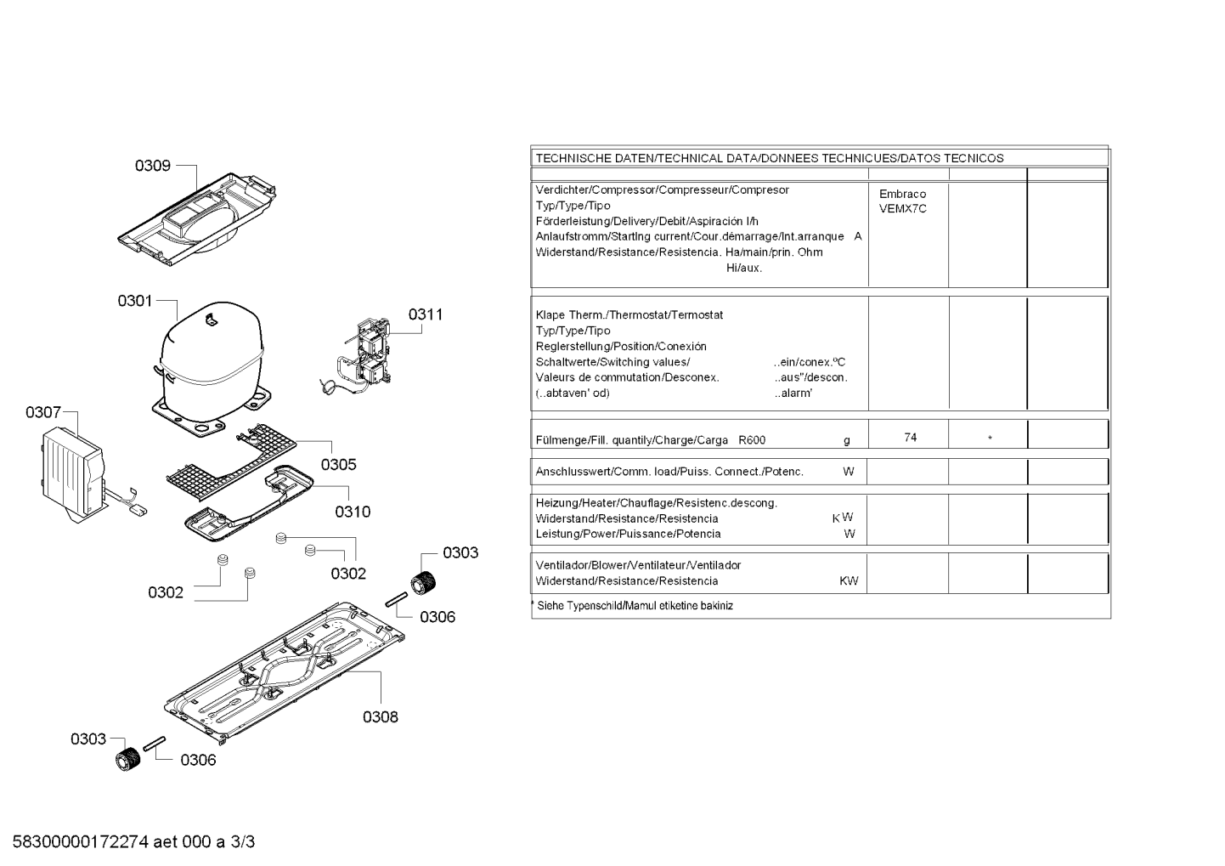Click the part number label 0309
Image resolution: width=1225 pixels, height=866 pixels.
152,166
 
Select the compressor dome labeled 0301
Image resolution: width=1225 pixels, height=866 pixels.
210,357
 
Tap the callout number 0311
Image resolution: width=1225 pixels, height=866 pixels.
425,314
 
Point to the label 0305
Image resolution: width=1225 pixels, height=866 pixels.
338,464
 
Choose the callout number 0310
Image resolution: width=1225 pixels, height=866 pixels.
352,512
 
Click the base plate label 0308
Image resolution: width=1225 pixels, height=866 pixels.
380,716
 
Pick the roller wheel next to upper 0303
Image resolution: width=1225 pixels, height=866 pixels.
422,584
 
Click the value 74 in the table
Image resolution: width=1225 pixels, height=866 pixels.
910,438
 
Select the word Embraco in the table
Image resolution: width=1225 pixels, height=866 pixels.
902,194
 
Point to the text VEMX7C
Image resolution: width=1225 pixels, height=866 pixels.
902,208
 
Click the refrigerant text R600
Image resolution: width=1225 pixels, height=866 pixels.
752,440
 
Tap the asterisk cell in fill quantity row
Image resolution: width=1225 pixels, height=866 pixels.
990,439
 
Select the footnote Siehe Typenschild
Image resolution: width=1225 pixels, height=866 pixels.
578,606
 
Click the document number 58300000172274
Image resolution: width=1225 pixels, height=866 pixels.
82,842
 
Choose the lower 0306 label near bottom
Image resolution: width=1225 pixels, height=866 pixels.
198,760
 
